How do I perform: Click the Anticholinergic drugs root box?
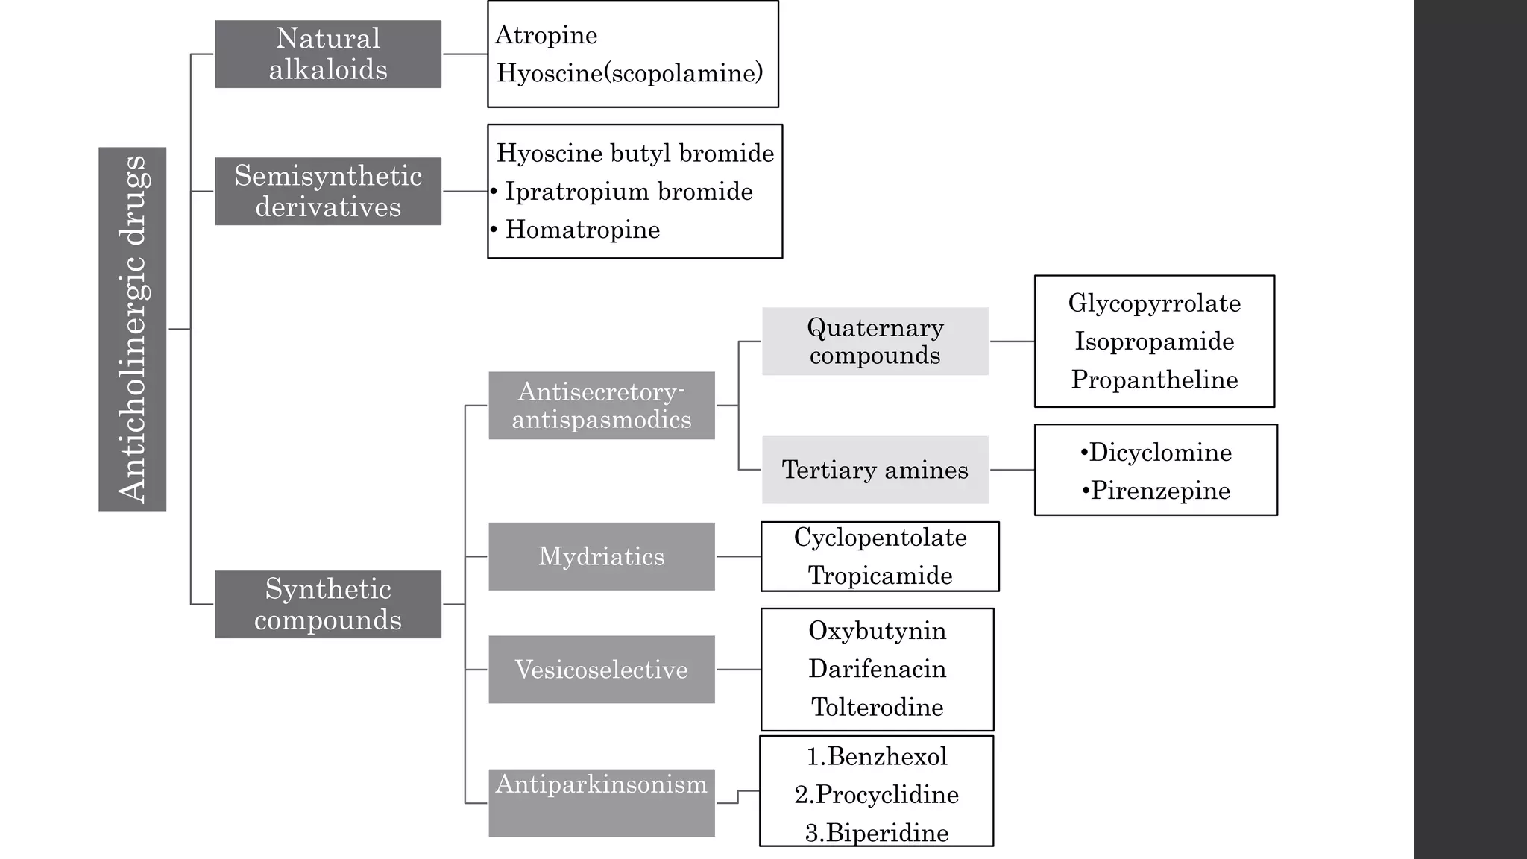132,329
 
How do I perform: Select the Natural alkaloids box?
328,54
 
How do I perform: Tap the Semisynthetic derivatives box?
328,191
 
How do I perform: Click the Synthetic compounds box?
328,604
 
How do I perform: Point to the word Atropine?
546,35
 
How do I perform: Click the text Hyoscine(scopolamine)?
630,73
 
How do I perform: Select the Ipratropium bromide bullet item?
629,192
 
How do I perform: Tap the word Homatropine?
582,230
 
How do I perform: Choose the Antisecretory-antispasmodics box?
602,406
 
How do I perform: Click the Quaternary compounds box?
875,342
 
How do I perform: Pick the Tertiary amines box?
875,470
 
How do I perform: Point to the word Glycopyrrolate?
1154,303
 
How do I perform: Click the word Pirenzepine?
1160,491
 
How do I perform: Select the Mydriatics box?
602,556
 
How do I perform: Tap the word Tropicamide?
880,576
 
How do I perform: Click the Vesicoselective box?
602,670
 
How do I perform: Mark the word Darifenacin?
877,669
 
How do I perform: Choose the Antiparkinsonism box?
602,802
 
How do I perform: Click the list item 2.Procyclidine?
877,795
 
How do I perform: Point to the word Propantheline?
1154,380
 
